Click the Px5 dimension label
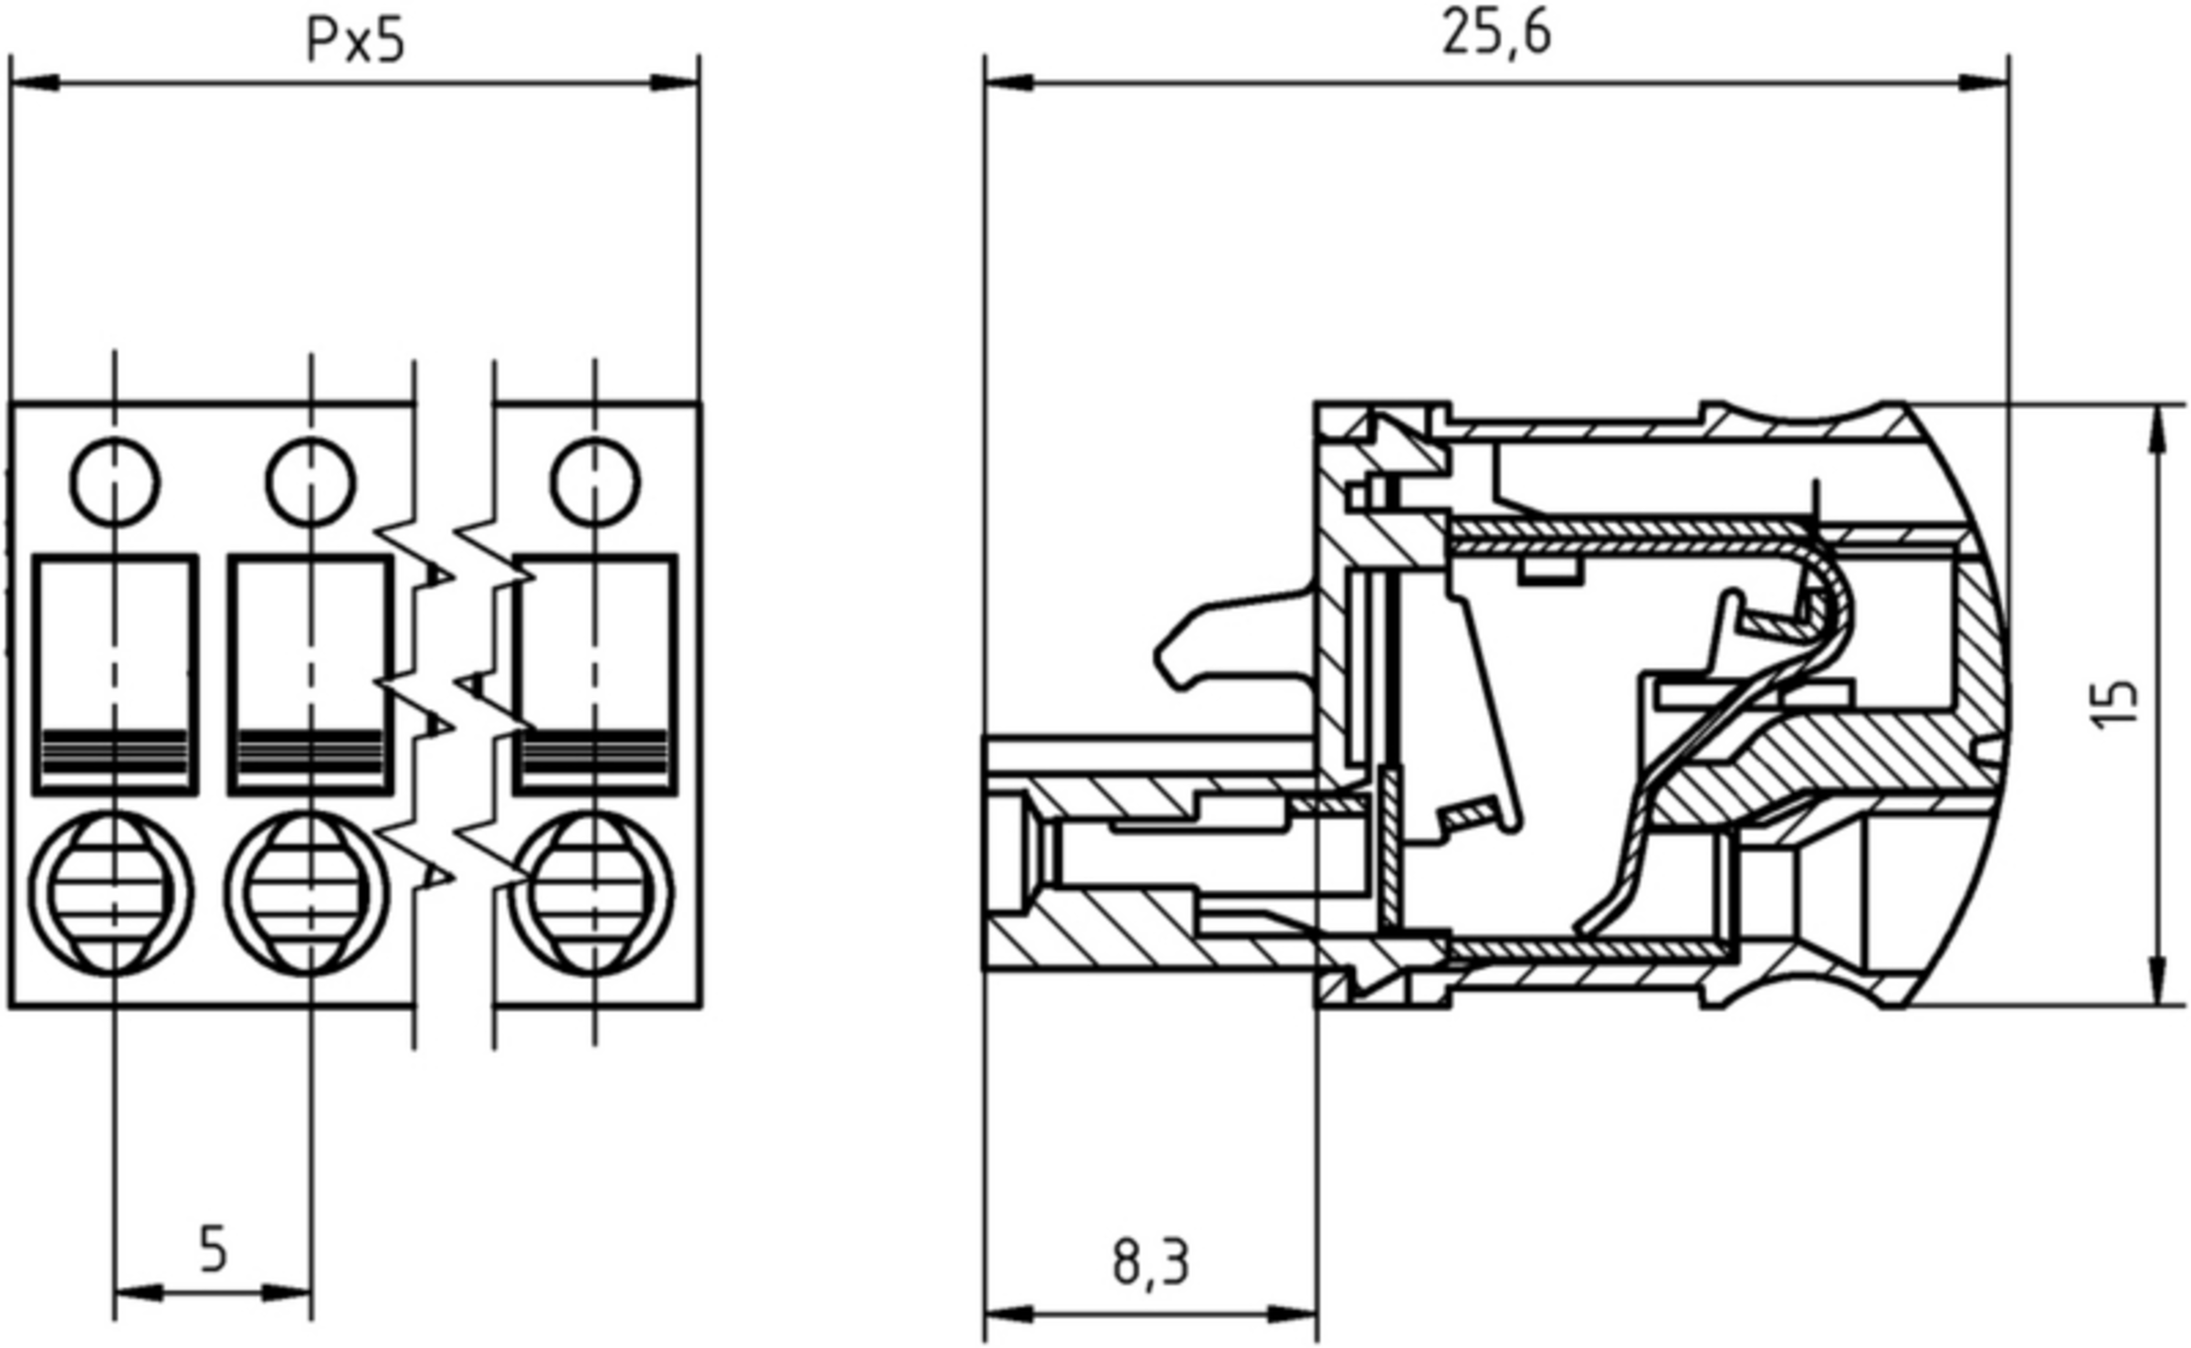[354, 42]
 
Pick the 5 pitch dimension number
[212, 1249]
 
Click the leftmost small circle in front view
[115, 482]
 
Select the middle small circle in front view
[311, 482]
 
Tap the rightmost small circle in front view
[595, 482]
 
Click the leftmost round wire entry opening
[111, 892]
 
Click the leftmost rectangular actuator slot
[115, 674]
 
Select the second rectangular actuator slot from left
[311, 674]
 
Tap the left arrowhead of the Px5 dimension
[35, 83]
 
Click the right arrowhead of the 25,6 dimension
[1985, 83]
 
